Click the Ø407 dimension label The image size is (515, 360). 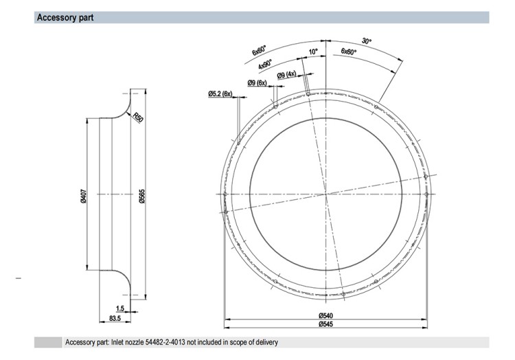point(83,196)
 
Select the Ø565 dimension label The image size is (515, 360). point(142,196)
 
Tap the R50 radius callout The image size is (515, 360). point(138,117)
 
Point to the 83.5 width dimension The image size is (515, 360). point(115,318)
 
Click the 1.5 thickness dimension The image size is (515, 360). point(120,308)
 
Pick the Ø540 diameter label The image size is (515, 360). point(325,315)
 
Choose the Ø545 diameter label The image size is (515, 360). point(325,324)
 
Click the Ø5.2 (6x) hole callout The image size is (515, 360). point(220,94)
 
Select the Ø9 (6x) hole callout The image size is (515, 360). point(257,82)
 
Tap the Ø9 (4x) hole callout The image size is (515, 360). point(286,75)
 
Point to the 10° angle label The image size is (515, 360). point(313,52)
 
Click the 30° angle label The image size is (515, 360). point(367,41)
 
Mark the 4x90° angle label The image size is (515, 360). point(265,64)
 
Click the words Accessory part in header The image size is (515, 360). point(65,17)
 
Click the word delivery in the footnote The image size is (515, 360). point(266,342)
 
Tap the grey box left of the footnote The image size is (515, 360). point(48,342)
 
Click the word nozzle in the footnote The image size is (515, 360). point(134,342)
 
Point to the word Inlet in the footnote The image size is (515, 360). point(117,342)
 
